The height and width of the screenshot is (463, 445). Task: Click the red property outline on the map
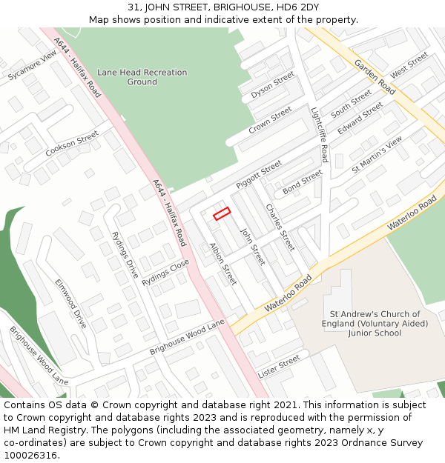click(222, 213)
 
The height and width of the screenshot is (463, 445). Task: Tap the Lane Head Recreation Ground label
click(142, 77)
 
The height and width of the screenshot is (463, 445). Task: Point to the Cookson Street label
click(72, 144)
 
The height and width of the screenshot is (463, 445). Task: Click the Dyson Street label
click(272, 86)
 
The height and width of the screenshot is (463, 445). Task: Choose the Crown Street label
click(270, 120)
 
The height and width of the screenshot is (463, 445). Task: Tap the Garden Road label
click(375, 77)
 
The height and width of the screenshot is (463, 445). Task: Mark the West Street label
click(409, 65)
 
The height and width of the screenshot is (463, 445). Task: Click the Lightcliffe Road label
click(319, 133)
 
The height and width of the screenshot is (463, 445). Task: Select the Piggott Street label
click(259, 174)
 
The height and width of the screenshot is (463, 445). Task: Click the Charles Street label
click(280, 227)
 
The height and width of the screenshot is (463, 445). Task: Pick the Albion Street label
click(222, 264)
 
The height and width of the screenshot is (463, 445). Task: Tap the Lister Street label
click(278, 364)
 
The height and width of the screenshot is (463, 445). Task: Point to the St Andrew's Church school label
click(375, 324)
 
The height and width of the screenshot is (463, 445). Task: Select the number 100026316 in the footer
click(32, 455)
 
